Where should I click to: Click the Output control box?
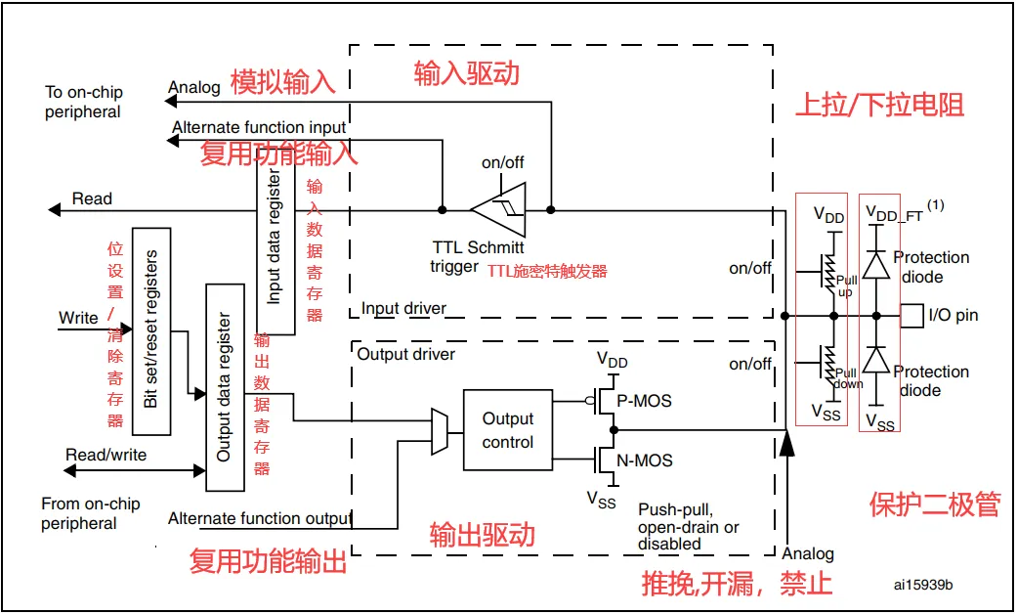pyautogui.click(x=508, y=430)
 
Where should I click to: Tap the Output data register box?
pyautogui.click(x=225, y=387)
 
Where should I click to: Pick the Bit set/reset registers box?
pyautogui.click(x=151, y=329)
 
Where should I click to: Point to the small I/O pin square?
pyautogui.click(x=910, y=315)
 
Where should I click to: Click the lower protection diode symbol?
pyautogui.click(x=877, y=361)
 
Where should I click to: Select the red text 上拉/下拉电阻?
pyautogui.click(x=879, y=105)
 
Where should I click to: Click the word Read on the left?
pyautogui.click(x=93, y=198)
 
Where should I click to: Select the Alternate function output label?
pyautogui.click(x=260, y=518)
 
